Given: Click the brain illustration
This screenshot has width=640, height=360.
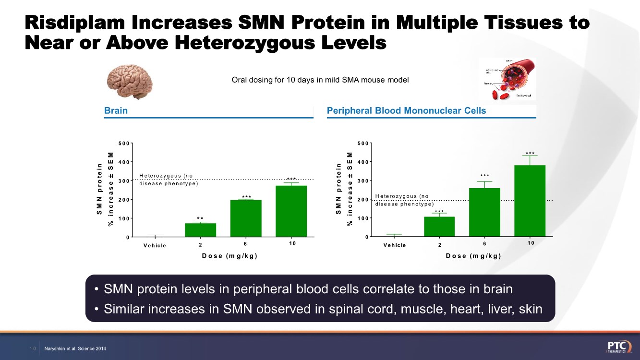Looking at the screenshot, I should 130,82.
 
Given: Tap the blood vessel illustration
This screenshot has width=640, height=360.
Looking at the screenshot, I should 507,79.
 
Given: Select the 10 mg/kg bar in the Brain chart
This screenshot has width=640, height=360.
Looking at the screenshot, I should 291,211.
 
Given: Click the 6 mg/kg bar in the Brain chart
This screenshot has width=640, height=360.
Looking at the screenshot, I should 246,218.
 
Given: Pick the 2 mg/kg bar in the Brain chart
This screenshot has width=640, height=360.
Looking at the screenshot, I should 200,230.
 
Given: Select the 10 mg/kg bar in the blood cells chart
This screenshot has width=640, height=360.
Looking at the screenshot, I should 530,201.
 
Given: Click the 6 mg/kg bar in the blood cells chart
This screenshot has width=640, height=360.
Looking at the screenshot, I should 484,212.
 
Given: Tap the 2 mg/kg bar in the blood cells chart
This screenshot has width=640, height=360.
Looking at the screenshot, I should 439,227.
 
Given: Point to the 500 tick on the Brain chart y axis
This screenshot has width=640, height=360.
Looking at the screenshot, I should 124,143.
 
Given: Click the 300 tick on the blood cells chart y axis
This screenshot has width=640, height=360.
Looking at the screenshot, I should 363,180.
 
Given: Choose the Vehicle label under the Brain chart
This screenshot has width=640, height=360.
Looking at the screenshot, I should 155,246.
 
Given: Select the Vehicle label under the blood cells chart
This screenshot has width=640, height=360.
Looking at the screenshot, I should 394,245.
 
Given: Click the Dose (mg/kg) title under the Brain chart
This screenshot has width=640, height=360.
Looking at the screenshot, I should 230,256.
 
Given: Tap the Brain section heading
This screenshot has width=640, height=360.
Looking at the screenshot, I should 116,111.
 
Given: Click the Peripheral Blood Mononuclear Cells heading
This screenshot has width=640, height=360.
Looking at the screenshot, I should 406,111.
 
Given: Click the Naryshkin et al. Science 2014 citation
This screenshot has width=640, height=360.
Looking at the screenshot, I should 75,348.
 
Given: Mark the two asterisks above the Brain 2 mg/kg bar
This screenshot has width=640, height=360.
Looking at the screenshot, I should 200,219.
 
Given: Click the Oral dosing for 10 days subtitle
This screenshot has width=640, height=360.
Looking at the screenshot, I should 320,80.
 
